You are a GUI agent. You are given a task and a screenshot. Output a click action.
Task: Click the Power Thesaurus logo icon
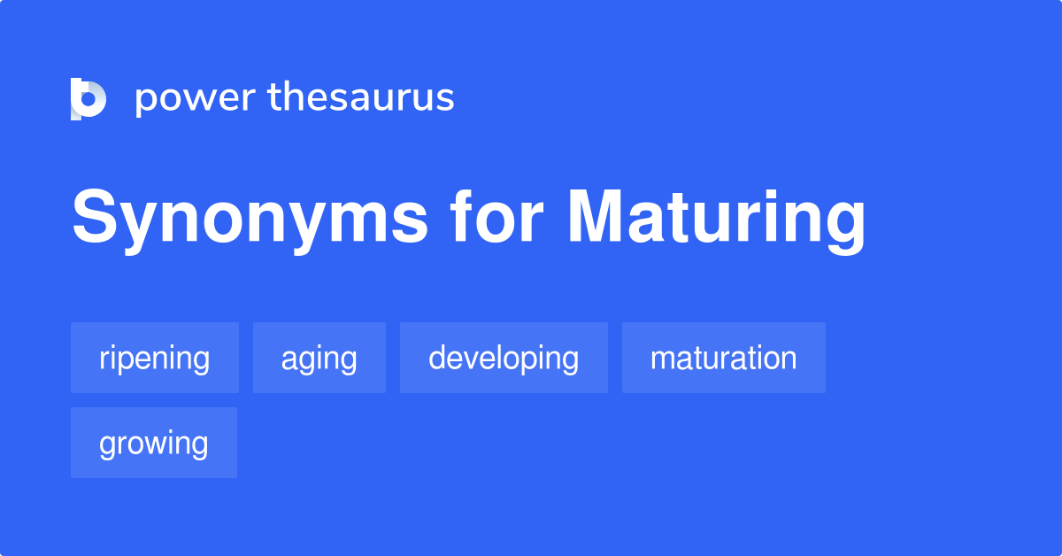88,98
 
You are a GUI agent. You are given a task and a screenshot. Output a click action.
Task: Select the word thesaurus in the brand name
361,97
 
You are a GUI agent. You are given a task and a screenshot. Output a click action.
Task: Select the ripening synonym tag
155,358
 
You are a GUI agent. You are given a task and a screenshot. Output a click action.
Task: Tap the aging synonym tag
319,358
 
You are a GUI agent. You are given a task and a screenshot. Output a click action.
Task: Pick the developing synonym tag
504,358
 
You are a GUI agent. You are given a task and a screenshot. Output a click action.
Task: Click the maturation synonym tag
724,358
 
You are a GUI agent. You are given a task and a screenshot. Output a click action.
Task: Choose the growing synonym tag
154,443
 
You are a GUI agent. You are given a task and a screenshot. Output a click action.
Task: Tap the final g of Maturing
844,225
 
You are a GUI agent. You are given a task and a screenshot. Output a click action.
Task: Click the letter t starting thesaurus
275,97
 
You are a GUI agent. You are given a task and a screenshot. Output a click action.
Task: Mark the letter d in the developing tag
437,358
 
